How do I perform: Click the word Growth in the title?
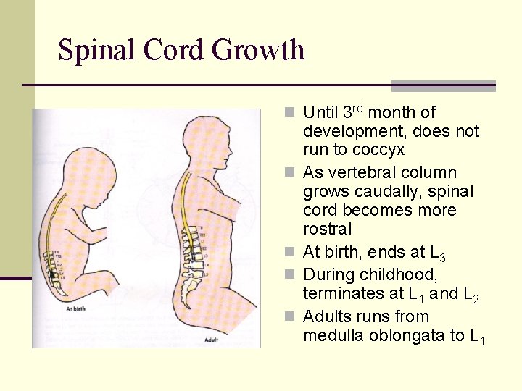tap(259, 51)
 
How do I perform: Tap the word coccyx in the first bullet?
tap(378, 151)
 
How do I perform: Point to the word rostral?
tap(327, 230)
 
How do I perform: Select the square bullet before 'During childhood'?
tap(289, 275)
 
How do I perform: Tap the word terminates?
tap(341, 294)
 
